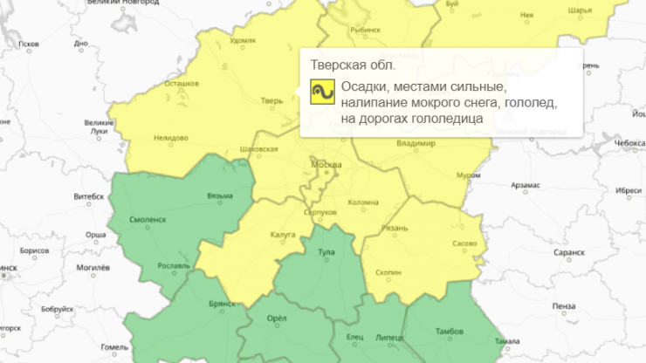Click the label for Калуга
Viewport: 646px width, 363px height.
[x=283, y=234]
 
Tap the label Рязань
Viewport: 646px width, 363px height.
[x=395, y=229]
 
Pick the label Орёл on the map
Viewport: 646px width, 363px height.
[x=275, y=318]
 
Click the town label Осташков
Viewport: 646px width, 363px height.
[x=182, y=84]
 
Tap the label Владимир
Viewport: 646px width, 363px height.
[x=415, y=142]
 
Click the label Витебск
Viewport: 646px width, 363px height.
[x=86, y=197]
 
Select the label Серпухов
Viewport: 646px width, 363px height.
[x=320, y=213]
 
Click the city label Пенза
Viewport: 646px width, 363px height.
[x=564, y=305]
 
